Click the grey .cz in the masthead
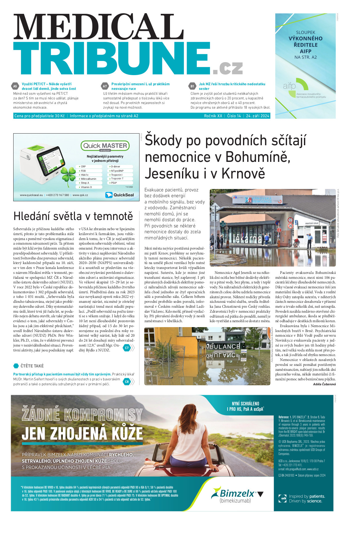pyautogui.click(x=228, y=68)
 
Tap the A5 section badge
pyautogui.click(x=15, y=86)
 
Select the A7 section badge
pyautogui.click(x=105, y=86)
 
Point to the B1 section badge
pyautogui.click(x=192, y=86)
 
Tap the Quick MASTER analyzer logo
pyautogui.click(x=105, y=146)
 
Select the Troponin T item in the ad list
pyautogui.click(x=117, y=178)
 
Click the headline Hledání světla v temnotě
pyautogui.click(x=73, y=216)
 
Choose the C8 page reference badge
pyautogui.click(x=127, y=382)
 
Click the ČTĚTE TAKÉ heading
pyautogui.click(x=32, y=366)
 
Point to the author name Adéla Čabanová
pyautogui.click(x=324, y=384)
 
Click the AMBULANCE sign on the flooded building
pyautogui.click(x=222, y=347)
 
